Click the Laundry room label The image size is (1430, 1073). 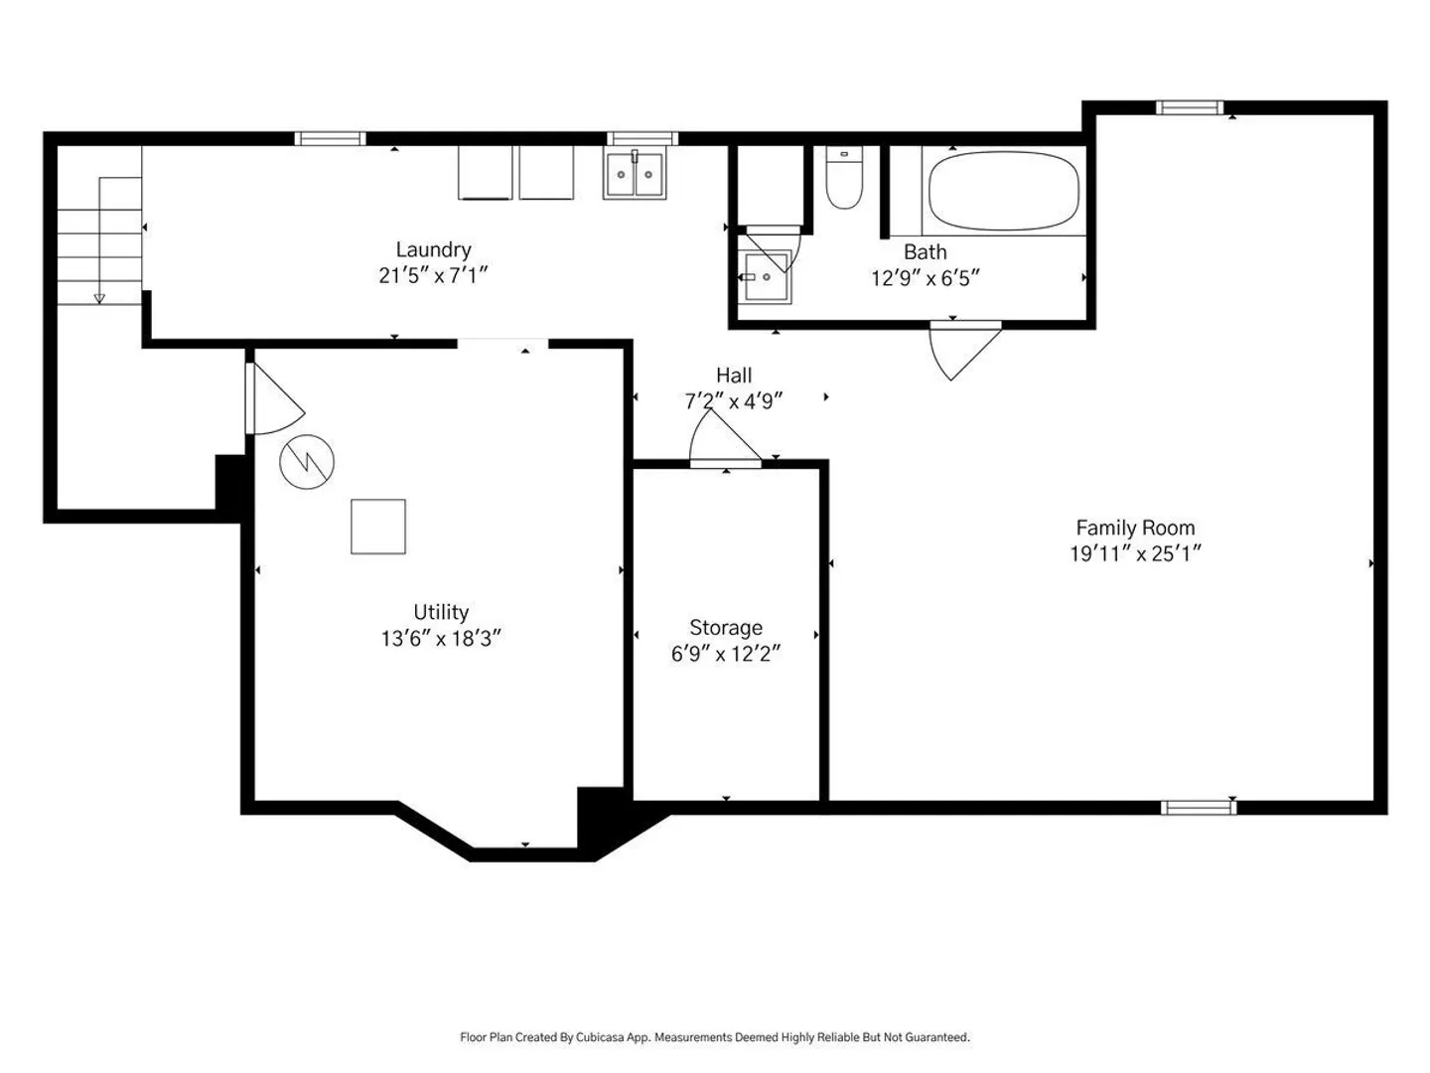click(433, 249)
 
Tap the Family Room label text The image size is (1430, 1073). click(1135, 528)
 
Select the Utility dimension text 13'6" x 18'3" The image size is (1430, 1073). click(441, 639)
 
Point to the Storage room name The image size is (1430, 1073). click(726, 627)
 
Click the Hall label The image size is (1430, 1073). click(734, 376)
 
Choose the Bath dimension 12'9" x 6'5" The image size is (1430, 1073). click(926, 279)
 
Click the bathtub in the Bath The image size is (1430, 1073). click(1003, 190)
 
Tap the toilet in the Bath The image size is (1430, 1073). click(844, 177)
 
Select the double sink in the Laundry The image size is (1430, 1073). click(635, 174)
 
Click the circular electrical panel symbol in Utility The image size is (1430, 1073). click(307, 462)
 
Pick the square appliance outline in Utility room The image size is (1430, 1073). click(378, 527)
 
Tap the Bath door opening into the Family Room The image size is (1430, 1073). click(964, 352)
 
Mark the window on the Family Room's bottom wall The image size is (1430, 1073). click(1198, 808)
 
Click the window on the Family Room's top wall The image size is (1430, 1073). click(1190, 107)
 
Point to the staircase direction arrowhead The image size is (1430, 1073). click(99, 299)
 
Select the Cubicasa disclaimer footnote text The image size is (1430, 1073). click(715, 1037)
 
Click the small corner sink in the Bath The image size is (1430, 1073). click(765, 277)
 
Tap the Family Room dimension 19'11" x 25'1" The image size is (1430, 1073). click(1135, 553)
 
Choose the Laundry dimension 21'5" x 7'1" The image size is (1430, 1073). click(433, 275)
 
